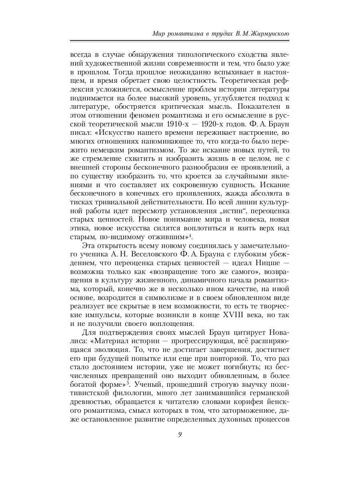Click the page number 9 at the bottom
point(180,435)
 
